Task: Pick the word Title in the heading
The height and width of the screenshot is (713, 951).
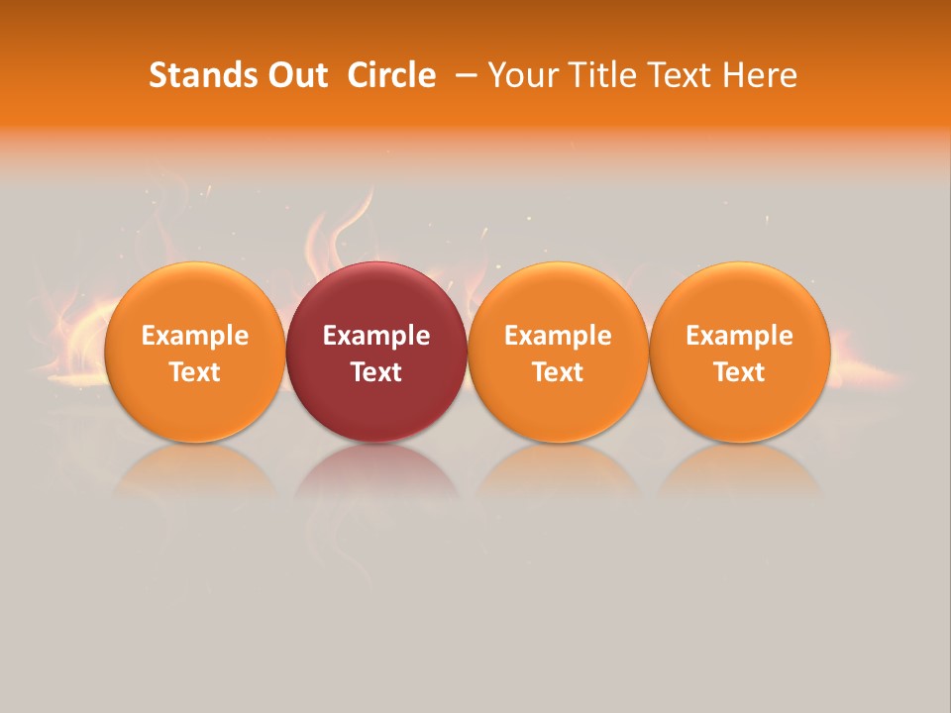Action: pos(600,75)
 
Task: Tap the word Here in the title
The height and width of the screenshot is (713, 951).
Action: pos(760,75)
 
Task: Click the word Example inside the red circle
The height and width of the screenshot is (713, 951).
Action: pos(376,336)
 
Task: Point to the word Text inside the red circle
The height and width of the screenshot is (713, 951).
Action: pos(376,372)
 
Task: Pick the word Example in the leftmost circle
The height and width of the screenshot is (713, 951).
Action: pos(194,336)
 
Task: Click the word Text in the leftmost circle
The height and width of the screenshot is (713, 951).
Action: pos(194,372)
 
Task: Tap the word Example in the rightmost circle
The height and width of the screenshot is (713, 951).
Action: pos(740,336)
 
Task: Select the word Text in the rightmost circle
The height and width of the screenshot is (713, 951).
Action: pos(740,372)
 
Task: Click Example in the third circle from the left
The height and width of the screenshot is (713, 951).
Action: pos(558,336)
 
